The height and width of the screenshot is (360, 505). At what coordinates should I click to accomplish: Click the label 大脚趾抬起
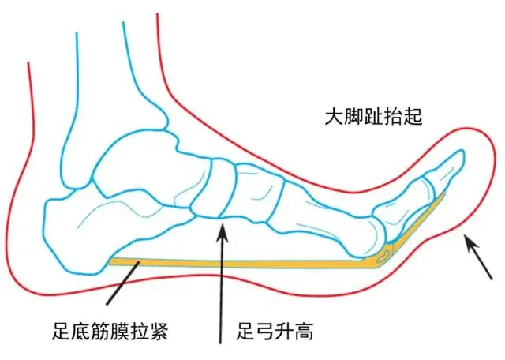click(373, 116)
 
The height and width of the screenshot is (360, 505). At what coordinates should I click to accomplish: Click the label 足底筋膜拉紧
click(110, 331)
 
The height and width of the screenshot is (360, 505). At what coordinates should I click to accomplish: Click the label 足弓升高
click(275, 331)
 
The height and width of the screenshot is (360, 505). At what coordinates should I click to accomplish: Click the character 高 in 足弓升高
click(304, 331)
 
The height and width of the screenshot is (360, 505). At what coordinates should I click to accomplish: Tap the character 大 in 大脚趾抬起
click(334, 116)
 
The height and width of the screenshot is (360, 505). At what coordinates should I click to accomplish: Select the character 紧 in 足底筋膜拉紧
click(159, 331)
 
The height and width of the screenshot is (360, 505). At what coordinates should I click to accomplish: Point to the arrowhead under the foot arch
click(222, 233)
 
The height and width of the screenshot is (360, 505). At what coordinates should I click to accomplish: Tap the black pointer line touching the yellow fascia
click(123, 283)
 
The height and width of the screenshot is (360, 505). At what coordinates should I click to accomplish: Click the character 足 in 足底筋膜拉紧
click(62, 331)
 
